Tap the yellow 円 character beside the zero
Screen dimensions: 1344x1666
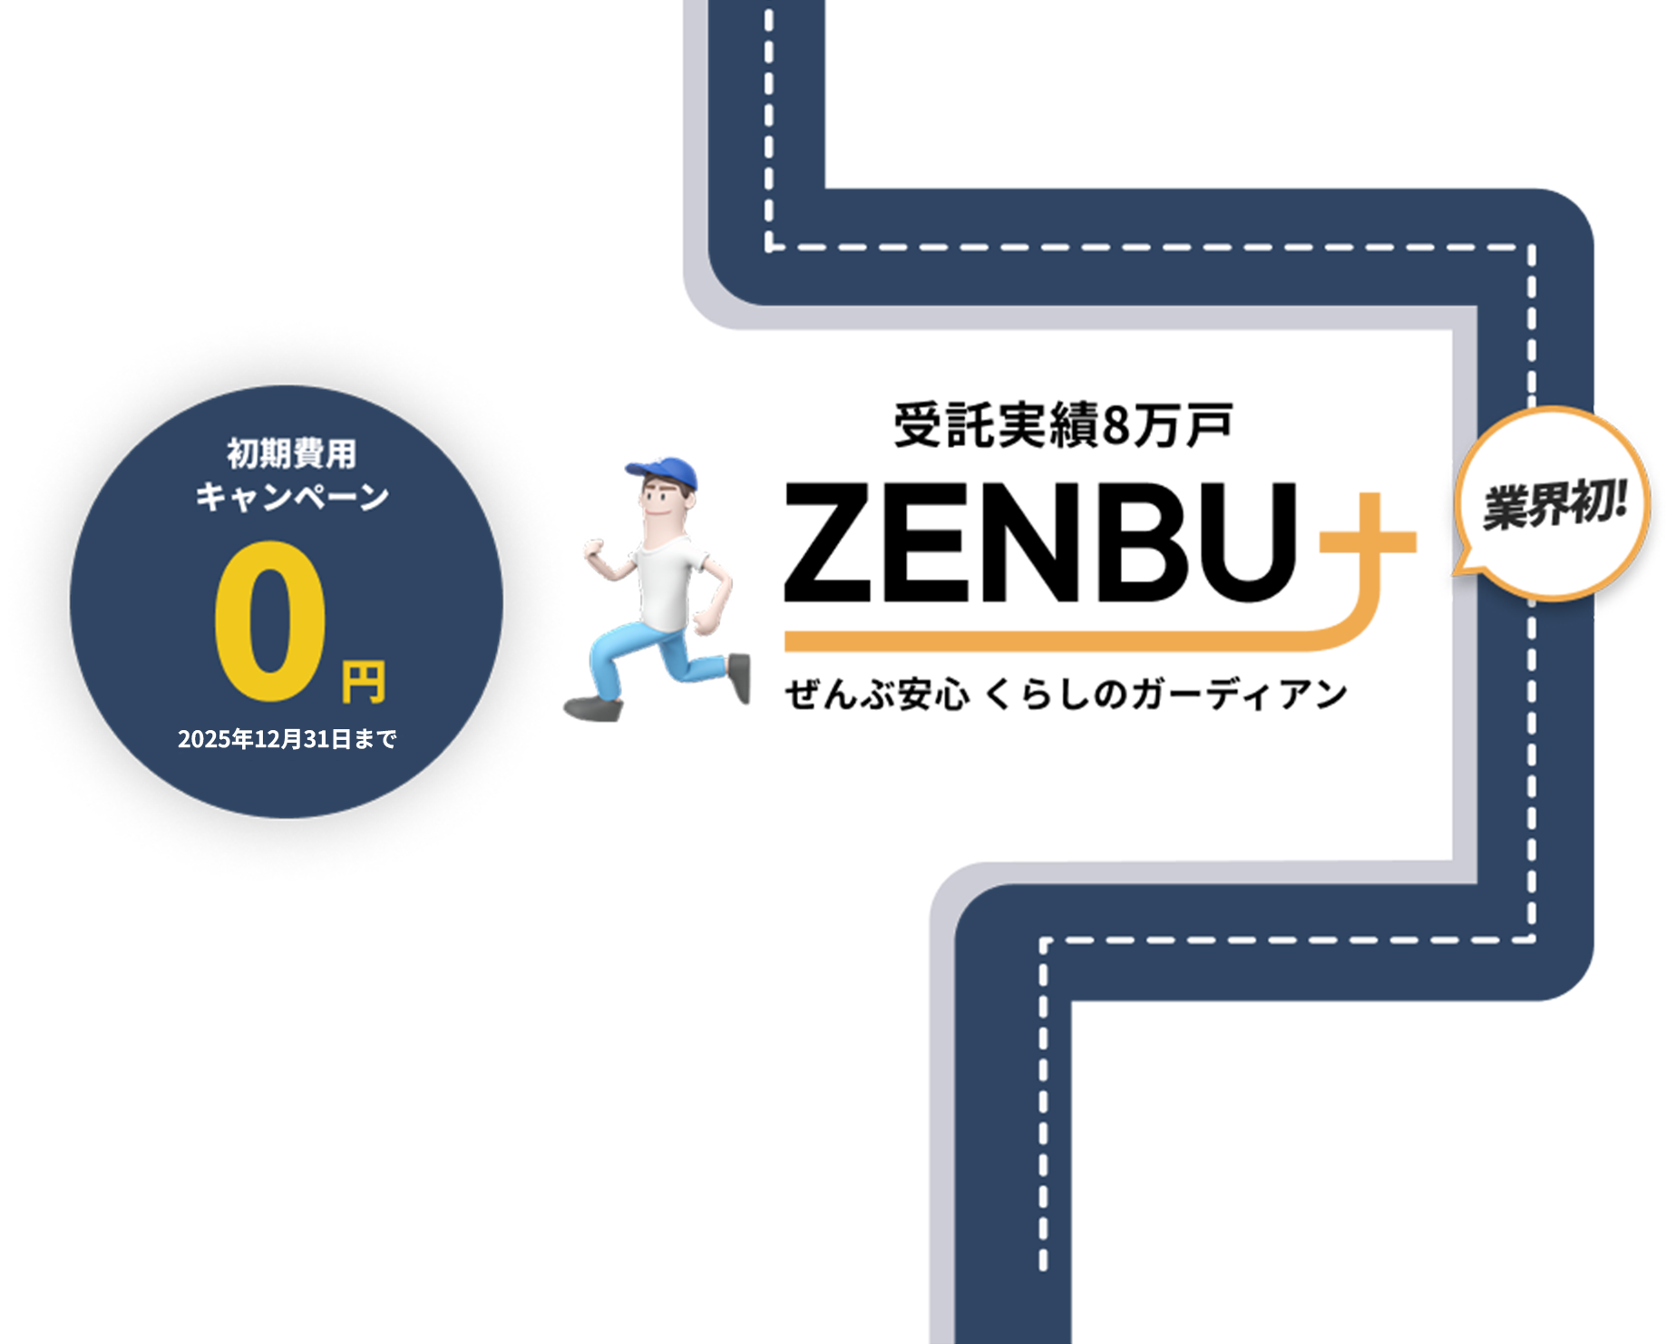click(x=364, y=683)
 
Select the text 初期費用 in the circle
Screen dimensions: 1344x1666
click(x=291, y=453)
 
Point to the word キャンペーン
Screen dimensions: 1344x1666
click(x=292, y=496)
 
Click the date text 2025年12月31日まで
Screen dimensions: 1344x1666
click(x=287, y=739)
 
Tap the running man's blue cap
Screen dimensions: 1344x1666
click(x=666, y=472)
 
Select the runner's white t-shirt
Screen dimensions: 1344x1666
click(x=669, y=580)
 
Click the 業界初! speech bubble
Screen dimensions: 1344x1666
click(x=1553, y=504)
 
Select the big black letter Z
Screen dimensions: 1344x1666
click(x=825, y=542)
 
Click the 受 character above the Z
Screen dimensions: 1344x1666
click(x=912, y=424)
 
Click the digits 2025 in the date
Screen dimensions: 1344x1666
click(x=204, y=739)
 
